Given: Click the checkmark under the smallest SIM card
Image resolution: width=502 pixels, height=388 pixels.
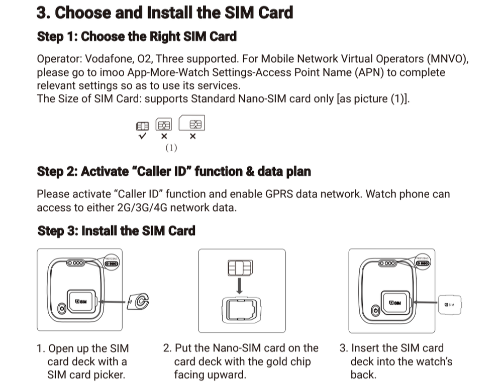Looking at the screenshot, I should point(143,136).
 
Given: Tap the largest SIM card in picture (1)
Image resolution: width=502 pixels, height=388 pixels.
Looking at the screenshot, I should point(192,123).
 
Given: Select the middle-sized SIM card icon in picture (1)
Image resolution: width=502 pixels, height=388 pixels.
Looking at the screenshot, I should point(164,124).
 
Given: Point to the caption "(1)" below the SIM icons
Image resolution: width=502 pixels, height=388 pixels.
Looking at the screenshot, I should point(171,148).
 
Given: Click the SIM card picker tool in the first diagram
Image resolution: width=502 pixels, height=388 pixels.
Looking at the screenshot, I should point(139,301).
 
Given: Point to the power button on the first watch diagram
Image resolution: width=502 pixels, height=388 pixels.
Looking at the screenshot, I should point(62,309).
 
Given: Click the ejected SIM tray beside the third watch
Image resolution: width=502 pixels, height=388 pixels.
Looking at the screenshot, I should point(450,304).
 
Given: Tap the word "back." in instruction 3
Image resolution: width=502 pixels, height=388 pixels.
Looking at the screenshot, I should point(363,374).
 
